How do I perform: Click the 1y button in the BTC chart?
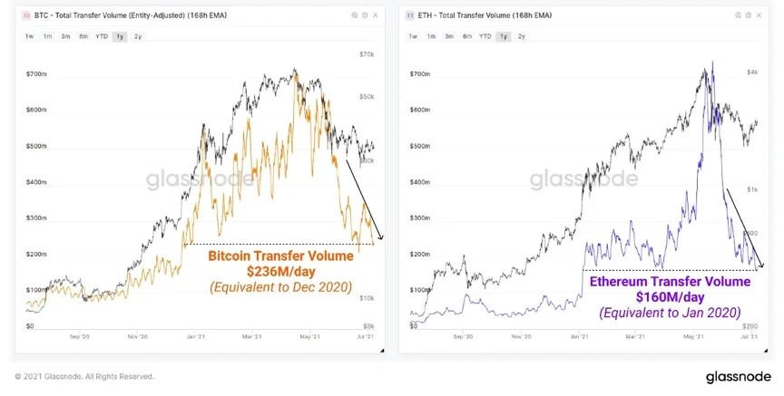pos(120,36)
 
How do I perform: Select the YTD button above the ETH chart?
pos(485,36)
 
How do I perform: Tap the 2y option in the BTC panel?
pos(138,36)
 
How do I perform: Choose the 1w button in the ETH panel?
pos(413,36)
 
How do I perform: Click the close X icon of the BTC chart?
pos(377,16)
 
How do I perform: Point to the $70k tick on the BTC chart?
pos(367,54)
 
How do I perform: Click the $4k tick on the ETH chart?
pos(751,72)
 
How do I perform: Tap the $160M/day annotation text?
pos(670,297)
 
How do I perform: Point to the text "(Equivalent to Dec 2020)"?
pos(281,288)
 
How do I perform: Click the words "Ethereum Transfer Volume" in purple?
pos(670,282)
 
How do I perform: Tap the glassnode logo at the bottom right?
pos(740,377)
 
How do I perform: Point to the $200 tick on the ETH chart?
pos(752,324)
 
